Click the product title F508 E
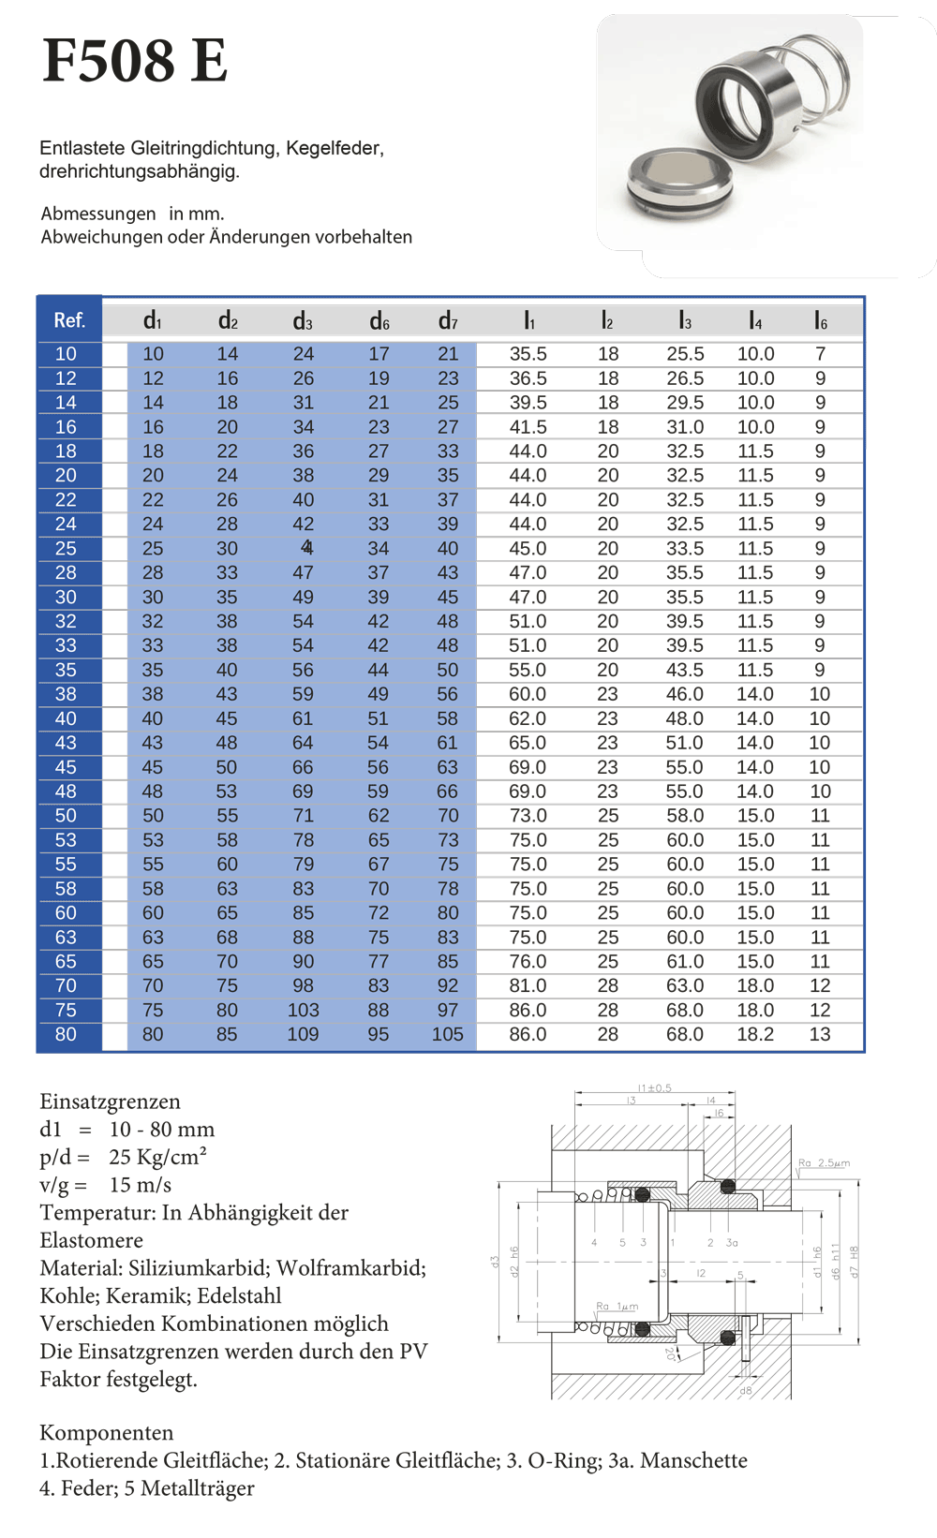click(x=135, y=61)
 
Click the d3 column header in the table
click(x=303, y=321)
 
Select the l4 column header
click(x=755, y=321)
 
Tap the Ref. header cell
click(x=69, y=320)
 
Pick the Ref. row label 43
click(x=66, y=743)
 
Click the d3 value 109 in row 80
click(x=303, y=1034)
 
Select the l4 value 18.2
click(x=755, y=1034)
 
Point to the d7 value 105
click(x=448, y=1034)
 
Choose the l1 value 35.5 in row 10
click(x=528, y=354)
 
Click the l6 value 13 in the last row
click(x=820, y=1034)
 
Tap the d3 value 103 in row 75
click(x=303, y=1010)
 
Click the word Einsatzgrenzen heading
click(x=110, y=1102)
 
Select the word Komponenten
click(x=106, y=1432)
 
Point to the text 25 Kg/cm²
click(x=157, y=1157)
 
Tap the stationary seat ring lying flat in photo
click(x=675, y=183)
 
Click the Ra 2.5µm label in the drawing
click(x=824, y=1163)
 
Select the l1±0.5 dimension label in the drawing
click(x=654, y=1087)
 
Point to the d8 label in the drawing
click(x=746, y=1391)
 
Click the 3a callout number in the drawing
click(x=732, y=1243)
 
